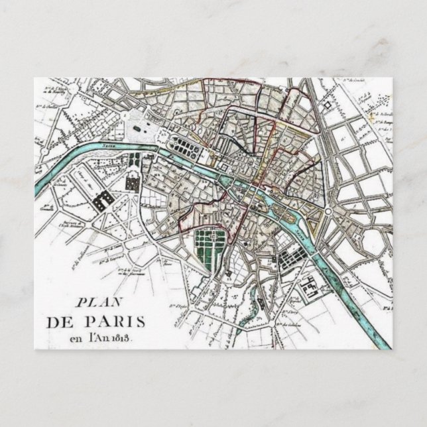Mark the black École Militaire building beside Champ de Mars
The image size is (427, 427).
103,200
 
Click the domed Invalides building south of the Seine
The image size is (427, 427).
132,181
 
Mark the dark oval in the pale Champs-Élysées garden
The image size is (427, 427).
137,125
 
